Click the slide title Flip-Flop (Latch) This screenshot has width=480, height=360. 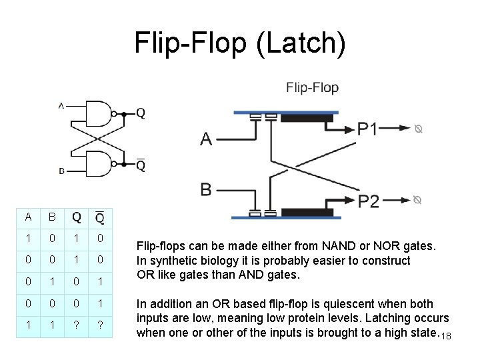coord(240,43)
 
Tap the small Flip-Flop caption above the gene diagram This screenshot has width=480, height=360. coord(312,87)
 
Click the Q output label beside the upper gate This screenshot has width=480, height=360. coord(141,113)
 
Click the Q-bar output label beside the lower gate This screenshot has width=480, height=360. coord(141,164)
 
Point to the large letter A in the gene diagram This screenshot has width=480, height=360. coord(207,139)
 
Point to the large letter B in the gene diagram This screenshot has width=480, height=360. coord(206,189)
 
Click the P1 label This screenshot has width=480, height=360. coord(367,129)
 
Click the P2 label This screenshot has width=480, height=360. coord(369,201)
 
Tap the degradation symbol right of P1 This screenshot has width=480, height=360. coord(418,129)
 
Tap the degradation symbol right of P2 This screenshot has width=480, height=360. coord(418,199)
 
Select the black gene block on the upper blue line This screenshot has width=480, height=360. coord(307,119)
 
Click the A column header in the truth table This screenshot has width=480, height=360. coord(28,217)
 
